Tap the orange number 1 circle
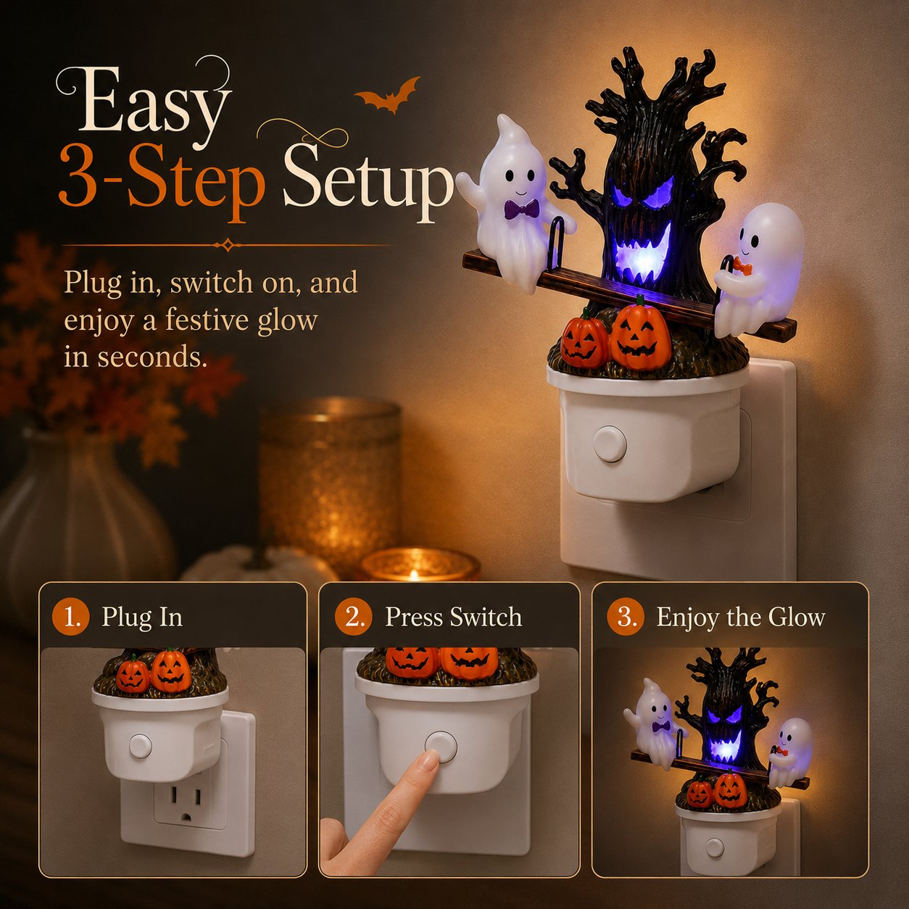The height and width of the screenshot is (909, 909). click(x=70, y=617)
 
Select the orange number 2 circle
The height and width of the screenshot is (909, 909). click(x=354, y=617)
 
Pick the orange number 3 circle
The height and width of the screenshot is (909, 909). click(x=626, y=617)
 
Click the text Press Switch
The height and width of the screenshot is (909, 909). click(x=454, y=617)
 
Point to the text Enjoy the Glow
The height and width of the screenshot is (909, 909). click(x=741, y=618)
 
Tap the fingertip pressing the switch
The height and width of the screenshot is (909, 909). click(x=428, y=761)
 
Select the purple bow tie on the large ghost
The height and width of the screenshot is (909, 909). click(x=521, y=208)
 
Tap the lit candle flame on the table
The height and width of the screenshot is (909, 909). click(x=414, y=574)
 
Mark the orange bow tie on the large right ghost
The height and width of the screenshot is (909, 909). click(x=744, y=268)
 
